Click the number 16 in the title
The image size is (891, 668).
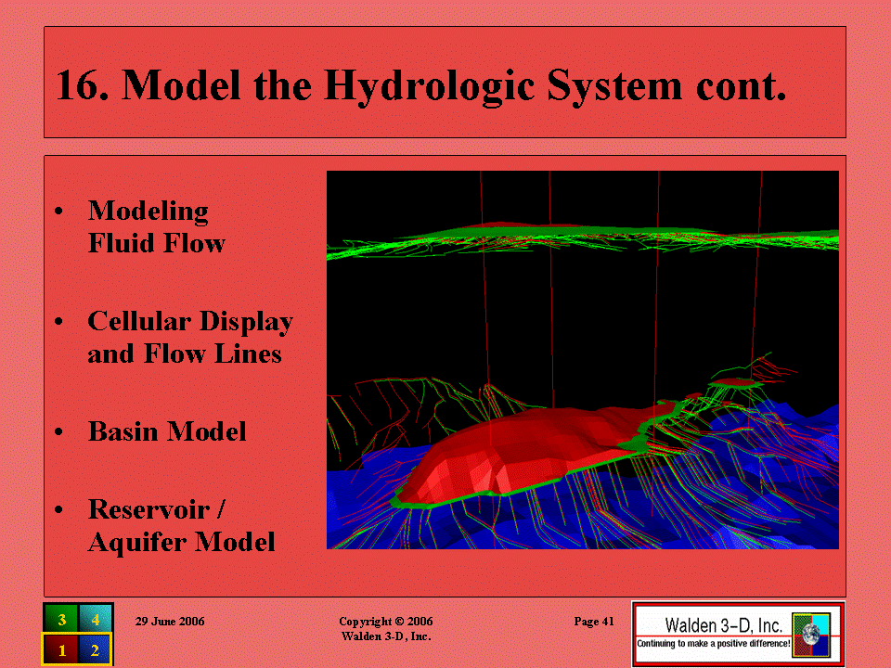[x=83, y=85]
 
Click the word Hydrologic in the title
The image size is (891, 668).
[x=429, y=87]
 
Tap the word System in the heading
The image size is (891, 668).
[x=614, y=86]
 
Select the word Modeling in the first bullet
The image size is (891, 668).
[x=148, y=212]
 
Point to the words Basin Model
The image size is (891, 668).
[x=167, y=431]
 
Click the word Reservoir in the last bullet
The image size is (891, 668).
[x=148, y=509]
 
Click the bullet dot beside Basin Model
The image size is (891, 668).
[x=58, y=431]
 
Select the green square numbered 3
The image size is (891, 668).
[x=61, y=619]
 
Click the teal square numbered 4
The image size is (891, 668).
[x=95, y=619]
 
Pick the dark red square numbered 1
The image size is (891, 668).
[x=61, y=649]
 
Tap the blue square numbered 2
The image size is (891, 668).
[x=95, y=649]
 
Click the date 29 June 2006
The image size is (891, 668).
[x=170, y=622]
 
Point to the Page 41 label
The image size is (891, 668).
[x=594, y=622]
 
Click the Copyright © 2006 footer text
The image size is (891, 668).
[x=386, y=622]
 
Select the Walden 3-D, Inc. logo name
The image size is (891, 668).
[x=723, y=625]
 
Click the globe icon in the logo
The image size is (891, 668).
[x=811, y=634]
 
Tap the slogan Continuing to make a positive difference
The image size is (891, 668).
[x=713, y=644]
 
